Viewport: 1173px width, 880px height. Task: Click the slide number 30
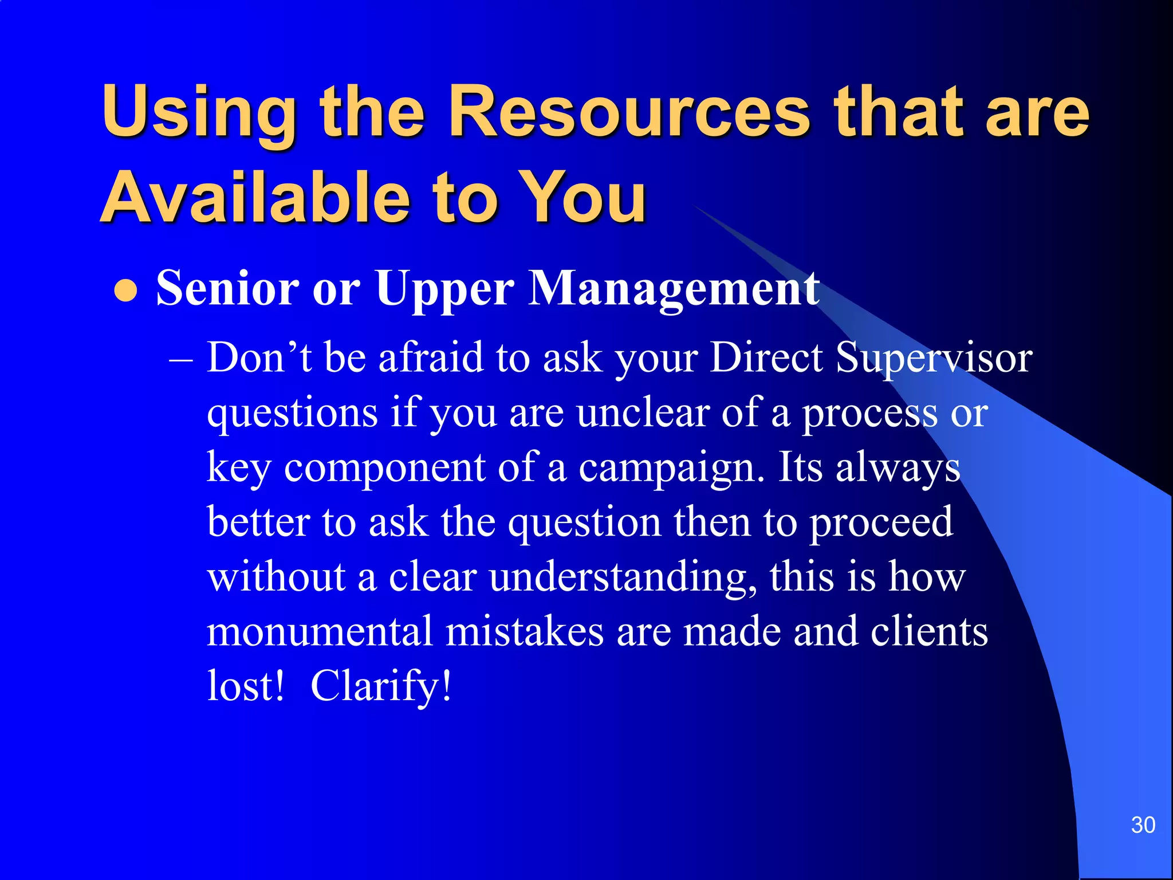click(x=1143, y=825)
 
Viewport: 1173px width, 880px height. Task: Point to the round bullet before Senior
click(x=126, y=290)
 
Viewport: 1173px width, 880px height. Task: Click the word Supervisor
click(x=934, y=358)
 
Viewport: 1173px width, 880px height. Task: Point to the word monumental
click(x=320, y=631)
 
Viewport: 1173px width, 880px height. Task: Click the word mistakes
click(x=525, y=631)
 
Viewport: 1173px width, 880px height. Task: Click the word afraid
click(x=431, y=358)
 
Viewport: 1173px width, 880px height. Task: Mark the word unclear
click(x=643, y=412)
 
